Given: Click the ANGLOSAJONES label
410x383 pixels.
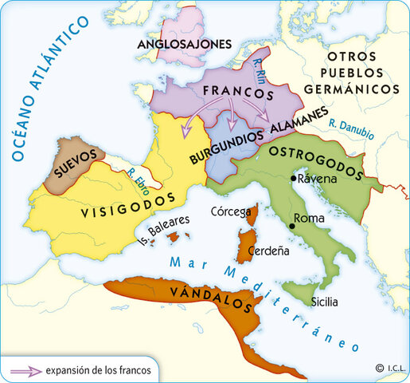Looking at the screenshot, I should (x=185, y=43).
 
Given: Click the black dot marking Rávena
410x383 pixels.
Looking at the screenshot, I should (x=294, y=179).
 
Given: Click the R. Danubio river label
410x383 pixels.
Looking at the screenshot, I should (x=350, y=129).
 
